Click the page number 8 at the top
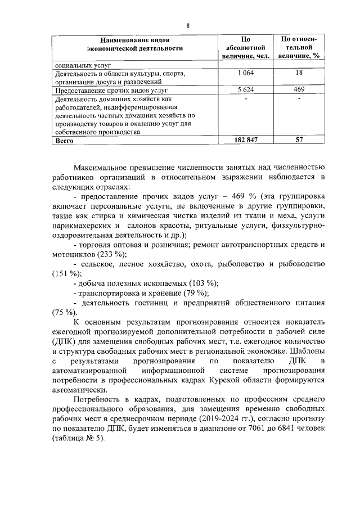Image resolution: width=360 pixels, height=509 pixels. pyautogui.click(x=188, y=25)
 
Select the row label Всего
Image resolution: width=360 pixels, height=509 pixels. pyautogui.click(x=63, y=141)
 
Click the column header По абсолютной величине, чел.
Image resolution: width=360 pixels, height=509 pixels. pyautogui.click(x=245, y=47)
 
